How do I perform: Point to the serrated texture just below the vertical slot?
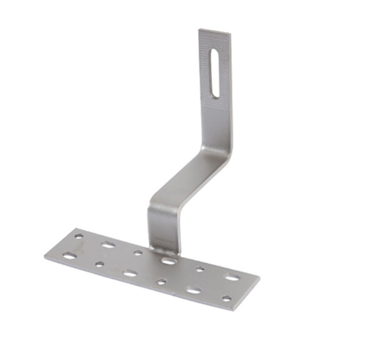pos(215,102)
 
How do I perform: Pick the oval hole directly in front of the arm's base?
pos(168,260)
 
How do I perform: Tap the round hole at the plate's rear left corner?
pos(79,236)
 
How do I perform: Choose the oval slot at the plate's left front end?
pos(70,256)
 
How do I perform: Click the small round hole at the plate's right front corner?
pos(226,299)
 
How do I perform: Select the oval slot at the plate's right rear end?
pos(231,277)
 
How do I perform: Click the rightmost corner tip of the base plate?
pos(259,277)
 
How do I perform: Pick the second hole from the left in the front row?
pos(99,264)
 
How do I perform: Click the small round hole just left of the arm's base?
pos(138,253)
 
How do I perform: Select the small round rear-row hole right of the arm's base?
pos(200,269)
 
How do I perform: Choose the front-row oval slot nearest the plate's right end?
pos(193,290)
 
